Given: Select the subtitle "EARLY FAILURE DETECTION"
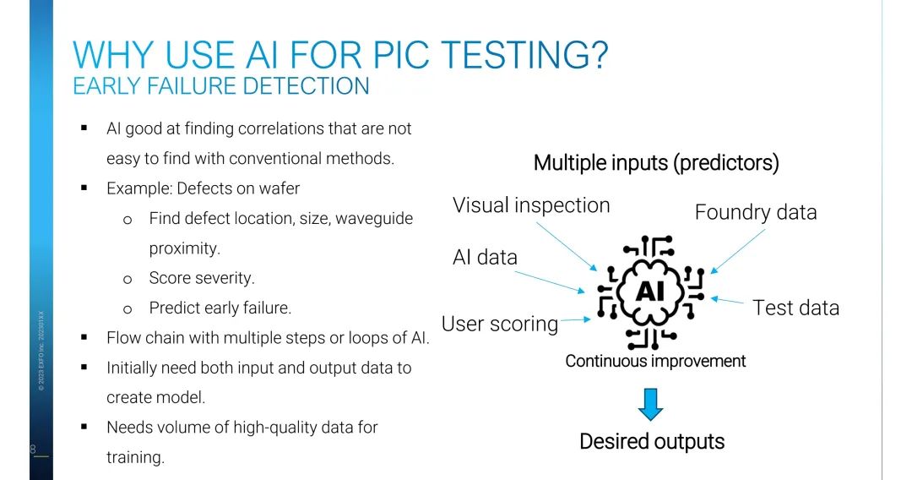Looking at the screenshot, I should point(220,86).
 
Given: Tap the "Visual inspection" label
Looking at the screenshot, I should point(530,205).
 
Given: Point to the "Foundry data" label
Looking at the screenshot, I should point(755,212).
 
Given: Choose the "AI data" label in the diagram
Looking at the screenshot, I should point(485,258).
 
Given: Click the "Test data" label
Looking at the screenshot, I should point(795,308).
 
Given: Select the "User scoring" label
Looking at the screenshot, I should point(500,324).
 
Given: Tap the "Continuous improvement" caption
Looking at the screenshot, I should point(655,362).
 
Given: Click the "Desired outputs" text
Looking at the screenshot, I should point(652,441).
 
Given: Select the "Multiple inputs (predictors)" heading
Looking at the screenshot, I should point(656,163).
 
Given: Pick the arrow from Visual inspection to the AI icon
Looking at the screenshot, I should point(574,245).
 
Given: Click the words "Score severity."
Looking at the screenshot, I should point(201,278).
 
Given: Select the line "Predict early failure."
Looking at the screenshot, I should point(220,308).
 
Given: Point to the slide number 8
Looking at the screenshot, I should point(33,449).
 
